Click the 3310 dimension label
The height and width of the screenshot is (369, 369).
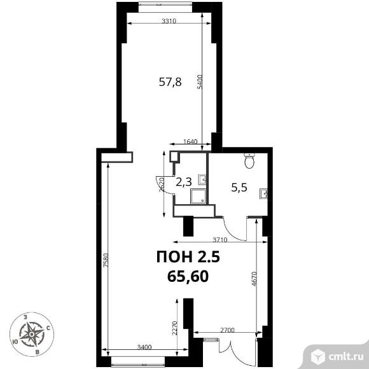pyautogui.click(x=169, y=21)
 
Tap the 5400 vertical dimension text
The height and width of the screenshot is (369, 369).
pyautogui.click(x=200, y=81)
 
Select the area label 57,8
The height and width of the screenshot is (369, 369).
pyautogui.click(x=170, y=82)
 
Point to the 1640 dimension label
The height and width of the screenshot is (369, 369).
pyautogui.click(x=190, y=141)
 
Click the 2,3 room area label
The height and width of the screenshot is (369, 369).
pyautogui.click(x=184, y=182)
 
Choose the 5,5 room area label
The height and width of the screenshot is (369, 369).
pyautogui.click(x=239, y=188)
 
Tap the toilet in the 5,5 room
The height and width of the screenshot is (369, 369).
pyautogui.click(x=249, y=161)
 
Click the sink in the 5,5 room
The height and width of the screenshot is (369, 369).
pyautogui.click(x=263, y=194)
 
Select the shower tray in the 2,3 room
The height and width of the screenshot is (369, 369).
pyautogui.click(x=198, y=196)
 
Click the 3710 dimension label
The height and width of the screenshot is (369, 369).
pyautogui.click(x=219, y=240)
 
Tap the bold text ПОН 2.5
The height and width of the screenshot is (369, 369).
pyautogui.click(x=188, y=256)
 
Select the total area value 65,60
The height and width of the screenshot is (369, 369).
pyautogui.click(x=188, y=276)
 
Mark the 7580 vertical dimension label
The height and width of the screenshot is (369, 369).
pyautogui.click(x=106, y=260)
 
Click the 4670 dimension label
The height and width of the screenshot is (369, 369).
pyautogui.click(x=254, y=279)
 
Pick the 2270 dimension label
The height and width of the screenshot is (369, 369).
pyautogui.click(x=174, y=328)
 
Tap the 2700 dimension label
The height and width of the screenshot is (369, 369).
pyautogui.click(x=227, y=330)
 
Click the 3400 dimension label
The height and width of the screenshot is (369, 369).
pyautogui.click(x=144, y=347)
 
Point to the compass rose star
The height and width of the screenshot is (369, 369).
pyautogui.click(x=32, y=334)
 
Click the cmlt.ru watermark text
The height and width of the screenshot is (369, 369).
pyautogui.click(x=346, y=357)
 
